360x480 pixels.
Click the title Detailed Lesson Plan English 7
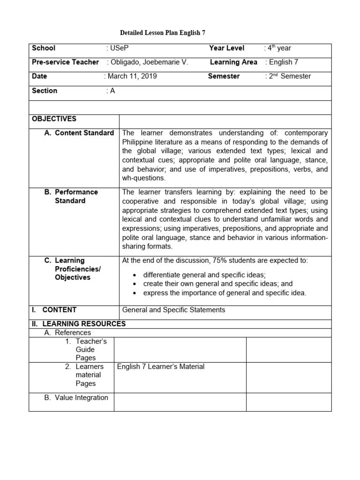[x=162, y=33]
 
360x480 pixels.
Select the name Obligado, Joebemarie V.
[x=149, y=62]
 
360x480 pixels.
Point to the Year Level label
[x=227, y=48]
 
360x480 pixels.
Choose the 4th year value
[x=279, y=48]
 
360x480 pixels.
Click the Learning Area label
[x=233, y=62]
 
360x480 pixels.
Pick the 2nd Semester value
[x=289, y=76]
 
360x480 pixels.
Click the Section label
[x=45, y=90]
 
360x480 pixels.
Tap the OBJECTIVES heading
[x=54, y=119]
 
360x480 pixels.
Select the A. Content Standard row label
[x=79, y=133]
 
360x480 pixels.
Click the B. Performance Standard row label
[x=75, y=196]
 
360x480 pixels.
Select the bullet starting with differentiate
[x=204, y=275]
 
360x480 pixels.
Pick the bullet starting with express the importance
[x=225, y=293]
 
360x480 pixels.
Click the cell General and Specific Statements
[x=173, y=309]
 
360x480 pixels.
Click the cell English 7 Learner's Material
[x=161, y=367]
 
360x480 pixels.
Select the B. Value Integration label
[x=76, y=397]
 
